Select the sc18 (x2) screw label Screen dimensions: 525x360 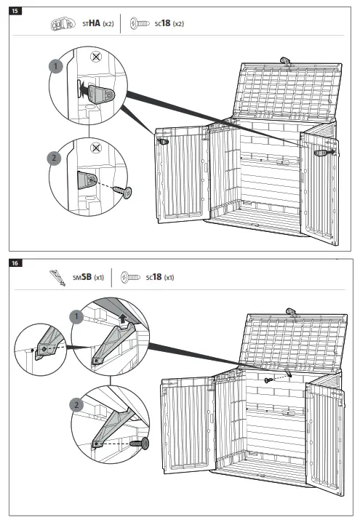click(169, 24)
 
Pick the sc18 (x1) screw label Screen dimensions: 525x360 click(159, 277)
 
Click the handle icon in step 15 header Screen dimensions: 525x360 click(62, 24)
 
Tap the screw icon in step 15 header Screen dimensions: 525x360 click(139, 24)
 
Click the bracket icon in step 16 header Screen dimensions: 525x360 click(56, 277)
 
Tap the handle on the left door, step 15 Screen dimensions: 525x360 click(164, 141)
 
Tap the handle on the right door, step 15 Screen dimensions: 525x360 click(321, 153)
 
